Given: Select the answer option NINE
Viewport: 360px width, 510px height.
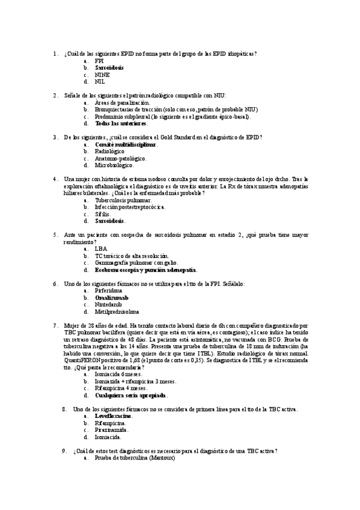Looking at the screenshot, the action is tap(102, 75).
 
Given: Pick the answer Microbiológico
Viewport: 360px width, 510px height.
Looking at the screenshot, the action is tap(114, 165).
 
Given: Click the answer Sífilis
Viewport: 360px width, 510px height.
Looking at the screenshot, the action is tap(103, 214).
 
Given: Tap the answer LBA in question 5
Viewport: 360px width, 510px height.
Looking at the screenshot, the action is tap(101, 248).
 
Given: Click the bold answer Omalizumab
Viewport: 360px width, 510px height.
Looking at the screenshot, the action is tap(111, 298).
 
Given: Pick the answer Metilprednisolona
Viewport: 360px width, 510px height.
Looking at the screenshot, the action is tap(117, 312).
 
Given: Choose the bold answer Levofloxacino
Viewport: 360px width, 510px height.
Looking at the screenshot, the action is tap(114, 416).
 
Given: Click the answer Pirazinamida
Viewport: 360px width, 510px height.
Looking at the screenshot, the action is tap(111, 430).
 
